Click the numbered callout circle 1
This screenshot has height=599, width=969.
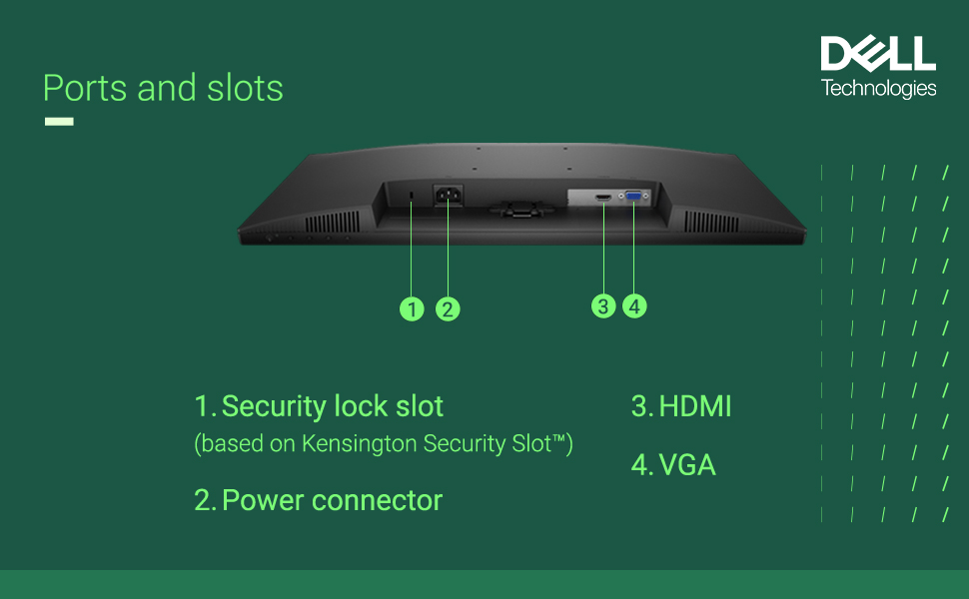coord(412,308)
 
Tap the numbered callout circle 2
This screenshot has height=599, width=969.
coord(448,308)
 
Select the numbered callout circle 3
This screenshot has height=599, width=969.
coord(602,305)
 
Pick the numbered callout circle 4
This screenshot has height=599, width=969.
coord(635,305)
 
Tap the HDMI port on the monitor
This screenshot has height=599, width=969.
coord(603,199)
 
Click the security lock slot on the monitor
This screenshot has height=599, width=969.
coord(413,194)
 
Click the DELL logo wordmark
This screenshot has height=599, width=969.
coord(878,54)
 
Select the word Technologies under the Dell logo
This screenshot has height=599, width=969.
coord(878,89)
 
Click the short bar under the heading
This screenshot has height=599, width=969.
coord(59,122)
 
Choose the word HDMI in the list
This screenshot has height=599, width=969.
coord(695,406)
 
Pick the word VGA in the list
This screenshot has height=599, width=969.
coord(687,464)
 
